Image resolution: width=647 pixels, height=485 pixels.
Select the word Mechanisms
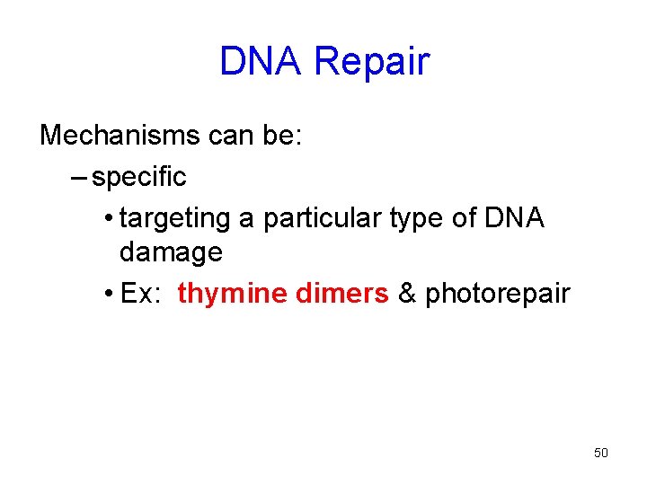[x=120, y=136]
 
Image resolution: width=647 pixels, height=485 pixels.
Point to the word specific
[x=139, y=177]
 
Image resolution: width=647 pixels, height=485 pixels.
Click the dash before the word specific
[x=78, y=177]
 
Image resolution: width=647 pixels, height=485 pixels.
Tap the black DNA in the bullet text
[x=514, y=217]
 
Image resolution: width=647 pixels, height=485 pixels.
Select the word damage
[x=171, y=252]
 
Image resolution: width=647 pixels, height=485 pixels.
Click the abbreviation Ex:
[x=141, y=294]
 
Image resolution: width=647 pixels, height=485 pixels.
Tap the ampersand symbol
[x=407, y=294]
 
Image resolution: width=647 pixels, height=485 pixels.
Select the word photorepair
[x=498, y=295]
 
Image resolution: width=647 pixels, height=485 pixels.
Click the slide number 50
[x=601, y=453]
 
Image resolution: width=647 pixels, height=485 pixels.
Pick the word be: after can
[x=285, y=136]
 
